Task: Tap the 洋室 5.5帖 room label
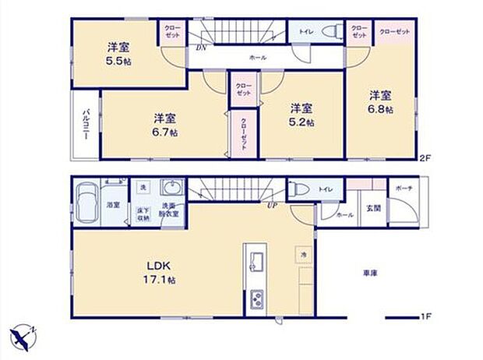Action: point(118,52)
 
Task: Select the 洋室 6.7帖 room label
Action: point(164,125)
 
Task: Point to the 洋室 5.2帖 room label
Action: point(301,115)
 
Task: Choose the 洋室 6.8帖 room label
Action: point(379,102)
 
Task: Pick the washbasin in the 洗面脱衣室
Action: point(171,190)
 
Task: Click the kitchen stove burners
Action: point(256,299)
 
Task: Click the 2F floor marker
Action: point(425,157)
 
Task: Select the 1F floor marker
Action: point(425,316)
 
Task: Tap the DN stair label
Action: point(201,48)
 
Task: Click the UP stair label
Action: point(273,206)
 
